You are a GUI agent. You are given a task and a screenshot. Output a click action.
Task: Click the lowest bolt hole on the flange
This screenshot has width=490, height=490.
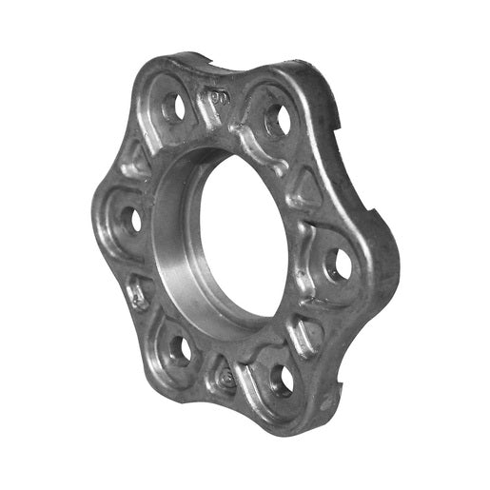click(283, 380)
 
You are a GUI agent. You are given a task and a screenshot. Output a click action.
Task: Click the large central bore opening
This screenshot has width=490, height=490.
click(244, 238)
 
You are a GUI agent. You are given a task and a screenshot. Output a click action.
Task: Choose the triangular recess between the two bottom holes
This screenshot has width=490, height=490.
click(225, 377)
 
